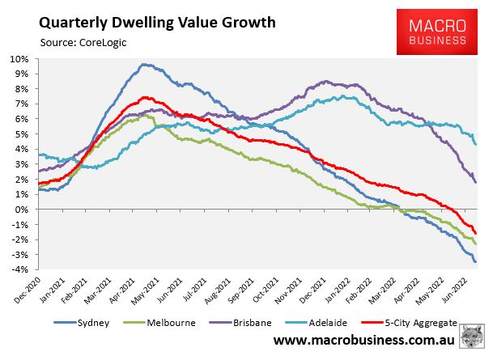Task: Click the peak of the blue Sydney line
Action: (x=143, y=65)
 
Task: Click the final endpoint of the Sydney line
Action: (x=475, y=261)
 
